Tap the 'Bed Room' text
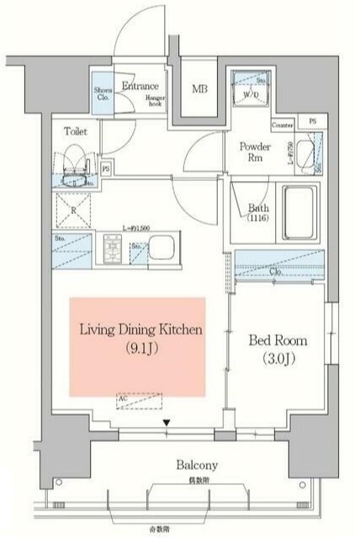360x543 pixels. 278,341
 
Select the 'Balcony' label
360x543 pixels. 198,465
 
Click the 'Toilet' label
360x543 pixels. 76,131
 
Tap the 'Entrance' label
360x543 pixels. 140,87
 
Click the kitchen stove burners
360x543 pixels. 112,248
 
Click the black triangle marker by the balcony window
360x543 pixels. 166,423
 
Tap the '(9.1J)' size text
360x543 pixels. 140,347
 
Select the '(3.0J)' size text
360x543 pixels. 278,359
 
